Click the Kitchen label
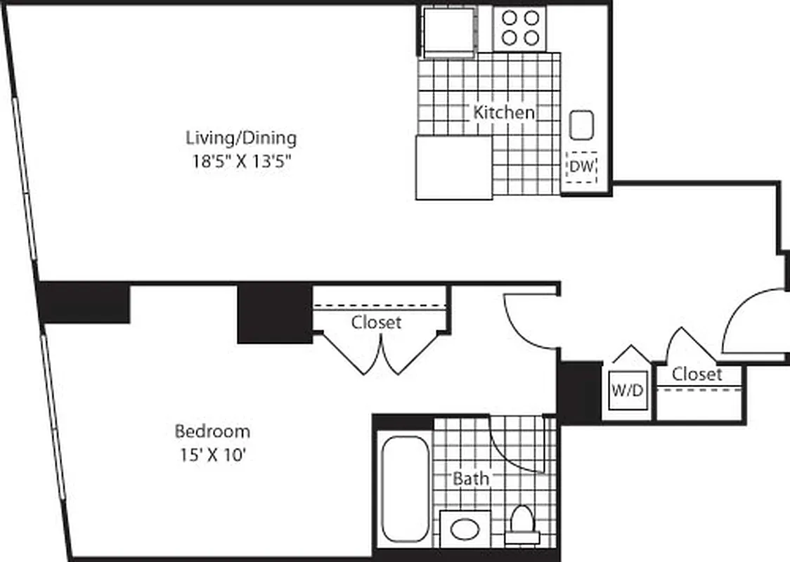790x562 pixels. point(503,112)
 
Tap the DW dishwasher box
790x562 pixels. point(581,167)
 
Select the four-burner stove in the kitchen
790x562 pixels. point(519,29)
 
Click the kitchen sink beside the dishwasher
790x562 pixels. point(581,126)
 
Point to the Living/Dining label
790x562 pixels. point(240,137)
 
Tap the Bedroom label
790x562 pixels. point(212,431)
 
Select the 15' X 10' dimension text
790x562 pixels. point(212,455)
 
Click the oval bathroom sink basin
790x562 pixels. point(465,529)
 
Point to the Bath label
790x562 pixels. point(470,479)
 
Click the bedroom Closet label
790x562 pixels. point(376,322)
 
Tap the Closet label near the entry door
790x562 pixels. point(696,374)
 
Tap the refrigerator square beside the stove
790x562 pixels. point(448,30)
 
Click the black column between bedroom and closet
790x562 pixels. point(275,313)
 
